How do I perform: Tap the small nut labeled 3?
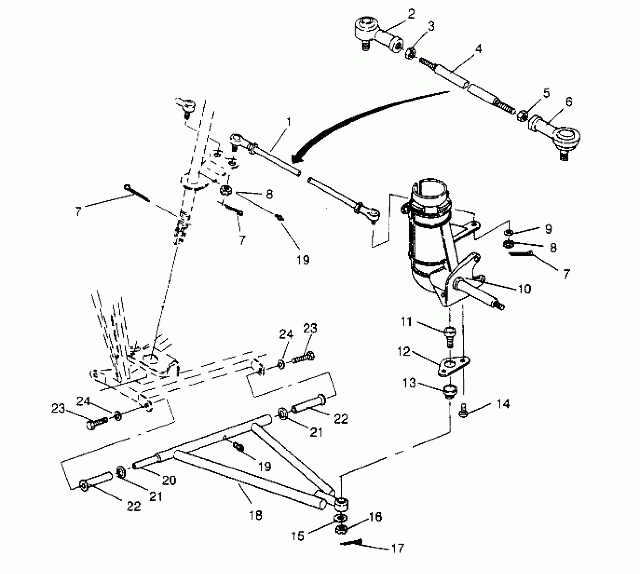point(410,53)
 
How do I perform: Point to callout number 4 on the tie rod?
point(478,49)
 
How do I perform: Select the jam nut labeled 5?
point(521,115)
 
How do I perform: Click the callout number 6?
point(569,102)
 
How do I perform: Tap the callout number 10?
point(524,289)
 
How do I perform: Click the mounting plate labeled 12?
point(454,366)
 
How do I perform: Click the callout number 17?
point(398,549)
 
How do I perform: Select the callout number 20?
point(169,480)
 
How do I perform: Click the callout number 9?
point(548,229)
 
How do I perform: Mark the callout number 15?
point(298,536)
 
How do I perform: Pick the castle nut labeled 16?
point(341,529)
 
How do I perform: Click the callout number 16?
point(375,517)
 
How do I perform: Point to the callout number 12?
point(404,351)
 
